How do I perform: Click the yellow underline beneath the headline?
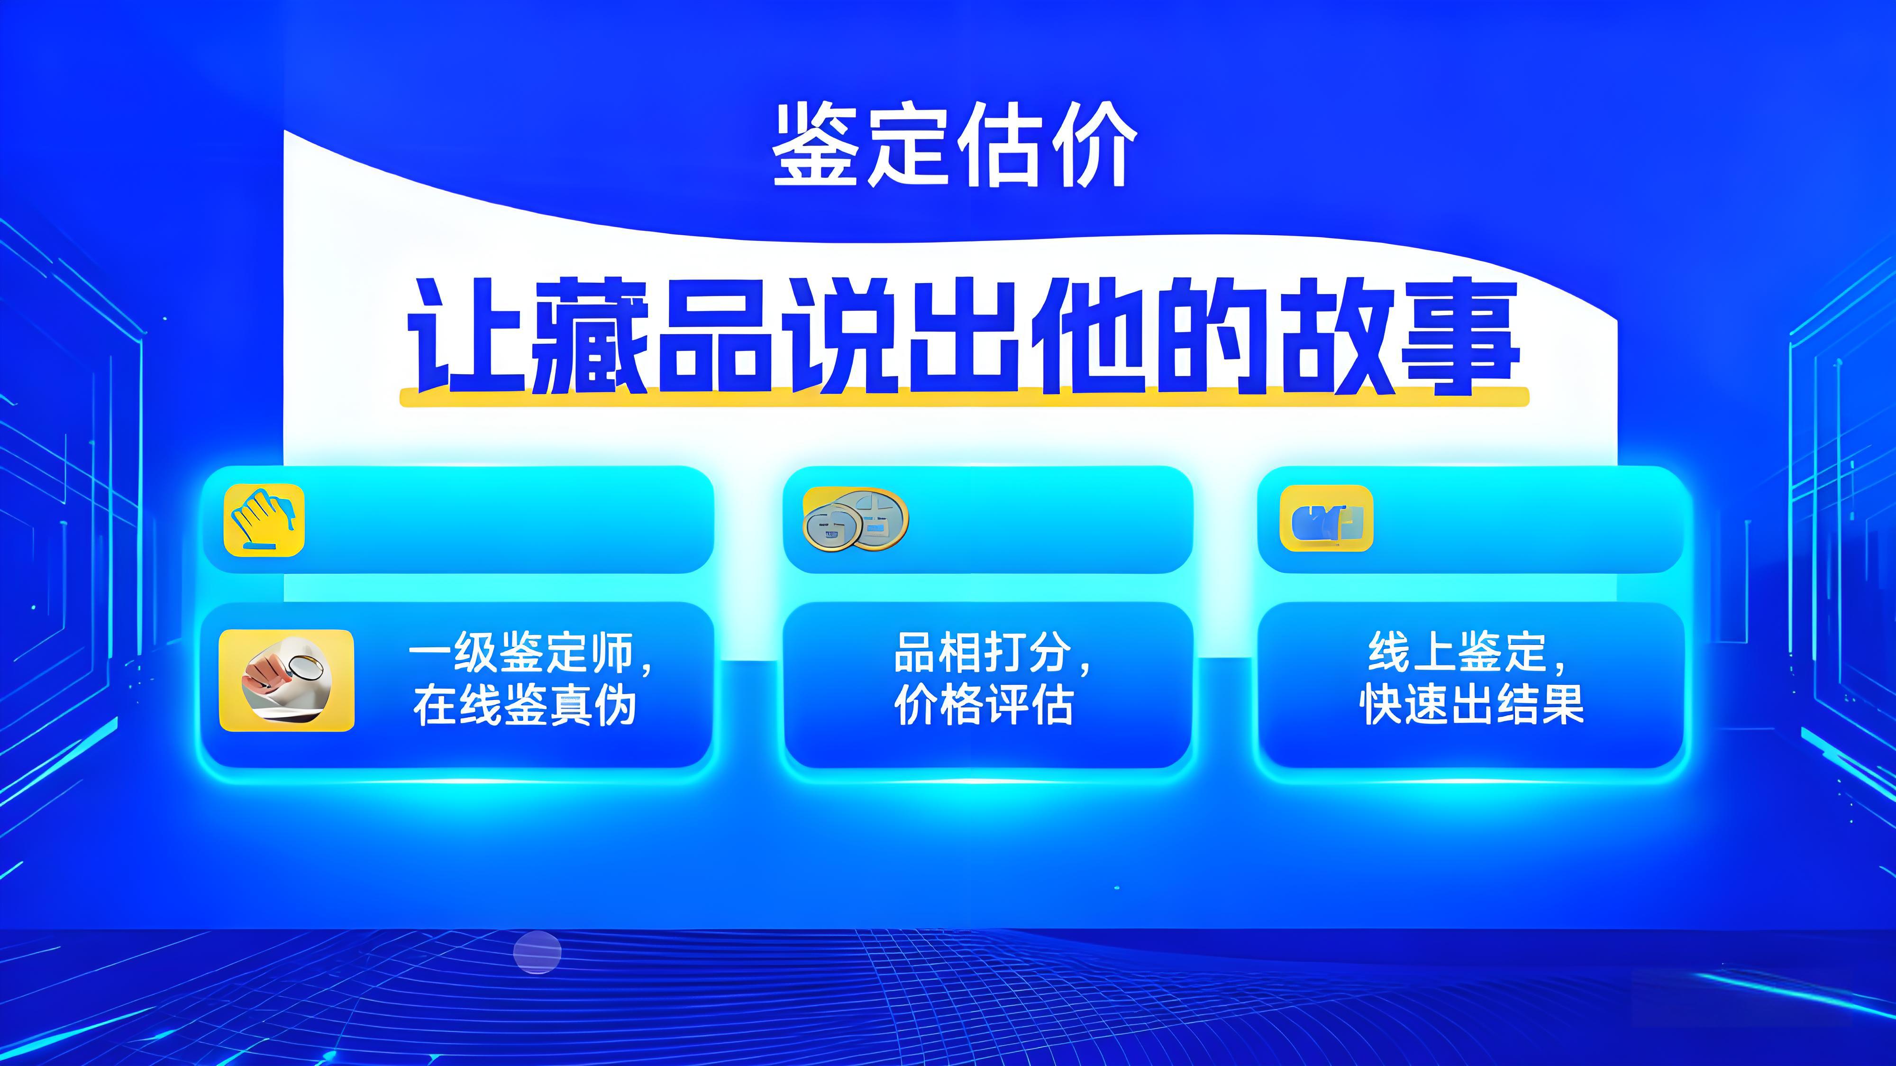click(964, 397)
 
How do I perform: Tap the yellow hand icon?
click(264, 520)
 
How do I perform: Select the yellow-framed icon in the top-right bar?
click(1326, 518)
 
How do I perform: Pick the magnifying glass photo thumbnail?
click(286, 680)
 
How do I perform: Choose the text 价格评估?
click(984, 705)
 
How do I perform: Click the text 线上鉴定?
click(1458, 652)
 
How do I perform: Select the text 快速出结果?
click(1472, 705)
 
